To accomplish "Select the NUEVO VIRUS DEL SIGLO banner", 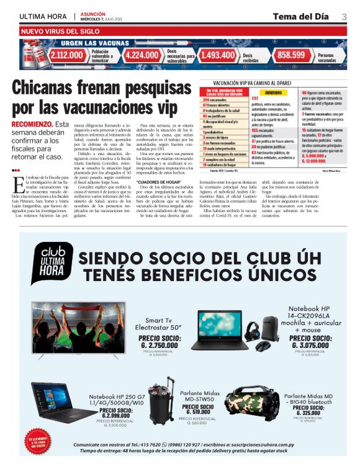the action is click(x=61, y=30).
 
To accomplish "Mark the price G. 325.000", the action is click(x=308, y=413).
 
